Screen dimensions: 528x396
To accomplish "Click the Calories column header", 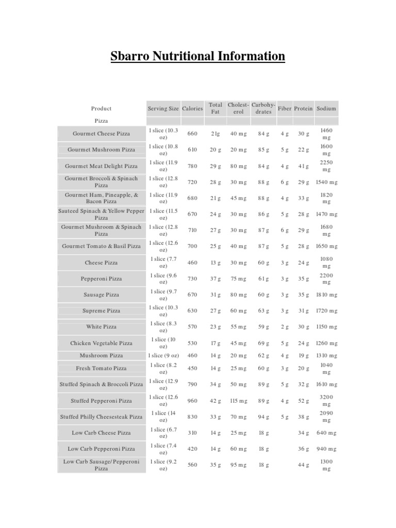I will pos(192,109).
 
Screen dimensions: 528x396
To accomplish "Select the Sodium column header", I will pos(326,109).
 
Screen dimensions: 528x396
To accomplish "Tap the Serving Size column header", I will pos(163,109).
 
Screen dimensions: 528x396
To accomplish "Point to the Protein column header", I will pos(303,109).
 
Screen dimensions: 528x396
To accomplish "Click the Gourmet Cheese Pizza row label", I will pos(101,134).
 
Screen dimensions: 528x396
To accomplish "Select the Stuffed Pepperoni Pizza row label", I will pos(101,401).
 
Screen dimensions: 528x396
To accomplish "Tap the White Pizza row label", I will pos(101,327).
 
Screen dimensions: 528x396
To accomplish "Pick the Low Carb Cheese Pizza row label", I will pos(101,433).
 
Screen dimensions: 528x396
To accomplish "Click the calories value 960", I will pos(192,401).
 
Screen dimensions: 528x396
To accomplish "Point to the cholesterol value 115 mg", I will pos(239,401).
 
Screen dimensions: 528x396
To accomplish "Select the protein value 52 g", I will pos(303,401).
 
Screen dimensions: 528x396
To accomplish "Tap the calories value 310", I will pos(192,433).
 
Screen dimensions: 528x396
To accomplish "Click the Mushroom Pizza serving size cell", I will pos(163,356).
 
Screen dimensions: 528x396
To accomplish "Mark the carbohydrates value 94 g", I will pos(263,417).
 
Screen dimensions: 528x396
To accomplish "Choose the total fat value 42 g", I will pos(215,401).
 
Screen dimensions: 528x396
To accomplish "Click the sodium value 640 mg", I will pos(326,433).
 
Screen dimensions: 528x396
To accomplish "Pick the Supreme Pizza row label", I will pos(101,311).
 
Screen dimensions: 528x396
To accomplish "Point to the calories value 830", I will pos(192,417).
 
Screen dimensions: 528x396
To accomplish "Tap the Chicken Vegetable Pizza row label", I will pos(101,343).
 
